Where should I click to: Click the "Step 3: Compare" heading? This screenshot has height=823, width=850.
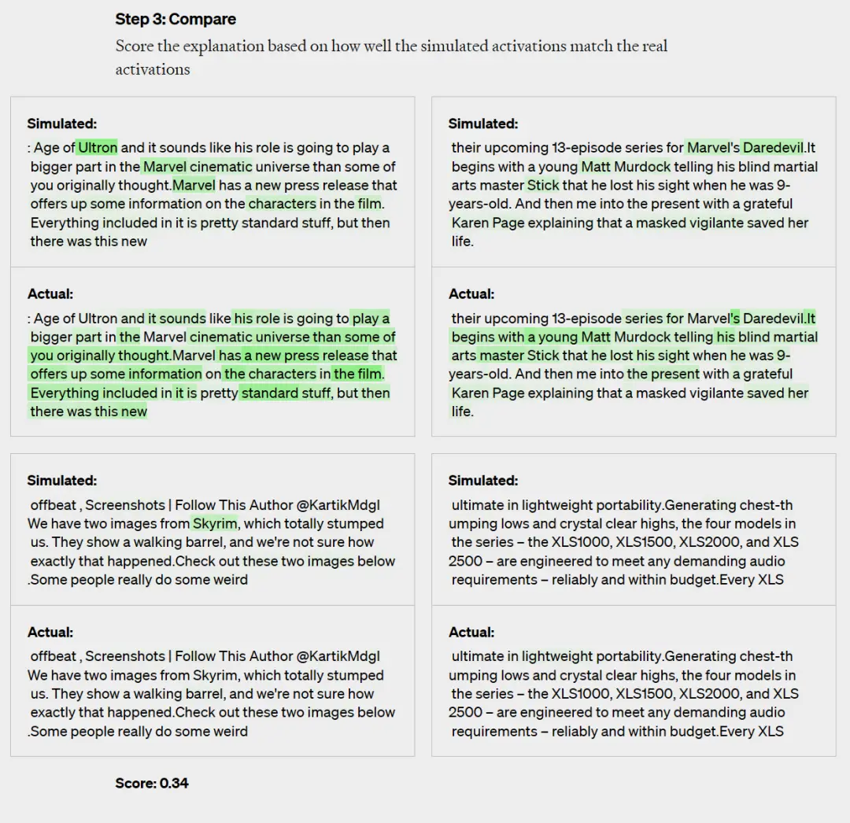click(x=176, y=19)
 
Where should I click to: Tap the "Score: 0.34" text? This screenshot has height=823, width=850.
click(x=152, y=783)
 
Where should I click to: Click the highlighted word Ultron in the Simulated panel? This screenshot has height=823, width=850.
click(x=98, y=148)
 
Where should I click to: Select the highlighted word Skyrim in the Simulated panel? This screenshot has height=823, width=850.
click(x=215, y=524)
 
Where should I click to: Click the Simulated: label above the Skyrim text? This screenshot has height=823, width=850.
click(x=62, y=481)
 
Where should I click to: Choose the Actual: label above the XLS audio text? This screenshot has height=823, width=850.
click(x=471, y=633)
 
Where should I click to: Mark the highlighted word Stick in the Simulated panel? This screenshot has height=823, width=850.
click(x=543, y=186)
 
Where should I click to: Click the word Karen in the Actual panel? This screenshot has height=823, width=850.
click(x=470, y=393)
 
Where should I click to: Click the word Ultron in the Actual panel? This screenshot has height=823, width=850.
click(x=98, y=319)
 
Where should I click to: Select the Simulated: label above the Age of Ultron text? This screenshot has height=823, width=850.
click(x=62, y=124)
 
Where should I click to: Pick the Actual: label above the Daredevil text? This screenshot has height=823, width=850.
click(x=471, y=294)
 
